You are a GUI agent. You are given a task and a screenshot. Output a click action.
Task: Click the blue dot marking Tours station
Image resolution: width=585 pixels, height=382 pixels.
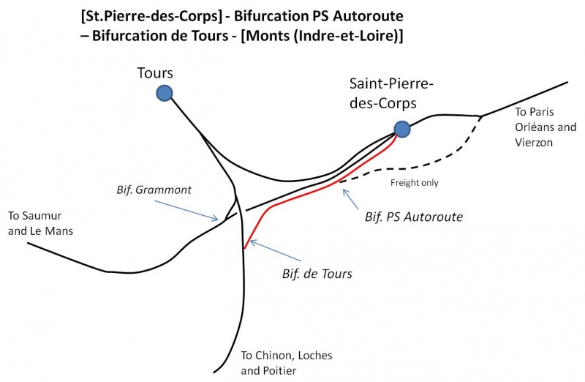click(x=164, y=92)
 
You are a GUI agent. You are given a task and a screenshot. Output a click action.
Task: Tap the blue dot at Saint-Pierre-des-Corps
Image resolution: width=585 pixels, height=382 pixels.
click(x=401, y=129)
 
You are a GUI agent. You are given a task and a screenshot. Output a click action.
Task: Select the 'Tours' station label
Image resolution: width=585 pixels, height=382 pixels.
click(x=154, y=73)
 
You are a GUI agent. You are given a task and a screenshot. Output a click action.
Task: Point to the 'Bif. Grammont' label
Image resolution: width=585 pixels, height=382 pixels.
click(x=154, y=190)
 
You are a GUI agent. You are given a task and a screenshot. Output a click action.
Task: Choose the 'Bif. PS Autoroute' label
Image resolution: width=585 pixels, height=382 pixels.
click(x=413, y=217)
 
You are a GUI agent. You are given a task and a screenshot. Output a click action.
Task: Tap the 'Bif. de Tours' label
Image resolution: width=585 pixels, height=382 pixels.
click(x=317, y=274)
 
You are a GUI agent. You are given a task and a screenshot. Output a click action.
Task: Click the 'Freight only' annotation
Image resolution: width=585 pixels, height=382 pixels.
click(x=415, y=183)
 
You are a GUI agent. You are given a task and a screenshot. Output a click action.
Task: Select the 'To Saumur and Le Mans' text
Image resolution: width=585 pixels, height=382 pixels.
click(x=41, y=223)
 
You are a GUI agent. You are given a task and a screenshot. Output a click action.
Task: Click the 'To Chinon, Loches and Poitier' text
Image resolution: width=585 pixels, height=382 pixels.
click(x=287, y=362)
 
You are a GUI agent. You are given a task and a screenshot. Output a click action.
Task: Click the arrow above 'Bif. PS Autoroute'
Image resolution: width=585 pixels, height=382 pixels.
click(x=354, y=198)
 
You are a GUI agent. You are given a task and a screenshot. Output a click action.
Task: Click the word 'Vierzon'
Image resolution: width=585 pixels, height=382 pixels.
click(x=535, y=143)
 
